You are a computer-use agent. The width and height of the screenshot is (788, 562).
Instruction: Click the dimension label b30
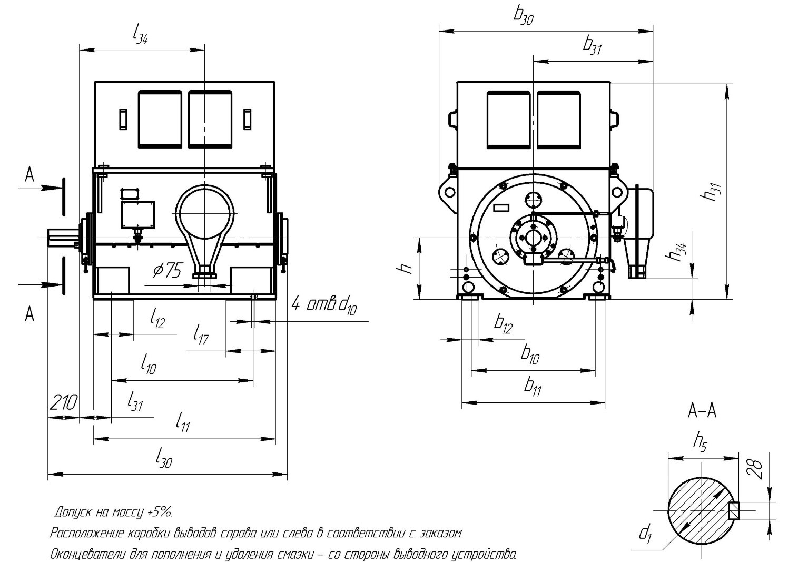(523, 16)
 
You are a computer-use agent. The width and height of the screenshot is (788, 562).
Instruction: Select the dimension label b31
(592, 46)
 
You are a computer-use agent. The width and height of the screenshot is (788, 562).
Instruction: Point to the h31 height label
(711, 192)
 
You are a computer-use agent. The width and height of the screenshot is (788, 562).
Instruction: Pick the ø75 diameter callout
(168, 271)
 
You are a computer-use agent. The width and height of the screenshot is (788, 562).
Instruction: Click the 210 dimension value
(63, 403)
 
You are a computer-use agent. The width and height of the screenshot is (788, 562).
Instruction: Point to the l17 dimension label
(201, 335)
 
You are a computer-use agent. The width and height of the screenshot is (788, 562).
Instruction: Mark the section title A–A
(702, 411)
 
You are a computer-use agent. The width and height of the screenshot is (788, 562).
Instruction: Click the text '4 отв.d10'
(324, 306)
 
